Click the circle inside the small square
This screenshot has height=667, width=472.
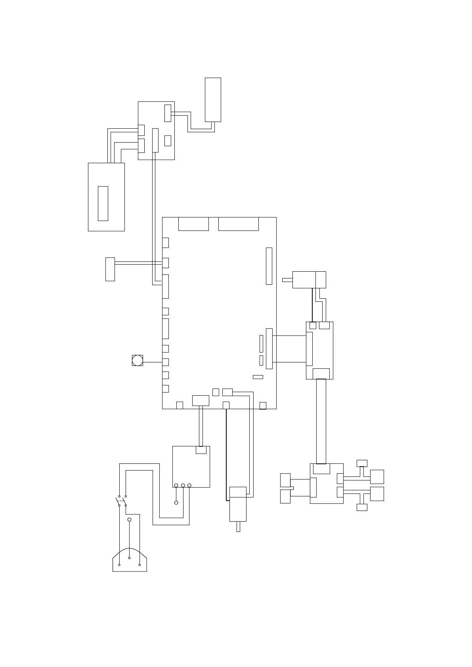click(x=138, y=360)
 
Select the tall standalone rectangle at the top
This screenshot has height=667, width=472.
click(x=213, y=99)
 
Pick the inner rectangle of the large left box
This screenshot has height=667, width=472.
click(x=103, y=203)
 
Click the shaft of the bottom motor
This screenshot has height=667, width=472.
click(x=238, y=526)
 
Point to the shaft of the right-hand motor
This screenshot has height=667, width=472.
click(x=287, y=280)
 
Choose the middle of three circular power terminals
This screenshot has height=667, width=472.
click(x=183, y=485)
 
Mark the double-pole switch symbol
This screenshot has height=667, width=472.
click(x=122, y=501)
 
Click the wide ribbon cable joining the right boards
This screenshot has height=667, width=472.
click(x=321, y=421)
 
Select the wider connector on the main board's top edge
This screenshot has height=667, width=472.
click(x=238, y=224)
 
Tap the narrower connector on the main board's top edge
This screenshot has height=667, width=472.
click(x=193, y=224)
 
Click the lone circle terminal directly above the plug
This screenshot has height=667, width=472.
click(x=129, y=519)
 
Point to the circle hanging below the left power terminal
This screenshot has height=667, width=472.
click(x=176, y=503)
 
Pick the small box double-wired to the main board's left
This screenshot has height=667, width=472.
click(x=110, y=269)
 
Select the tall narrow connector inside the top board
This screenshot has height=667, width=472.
click(x=155, y=140)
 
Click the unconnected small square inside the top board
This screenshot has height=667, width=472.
click(x=168, y=141)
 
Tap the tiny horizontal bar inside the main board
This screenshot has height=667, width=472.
click(x=258, y=377)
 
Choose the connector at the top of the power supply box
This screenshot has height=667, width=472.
click(x=201, y=450)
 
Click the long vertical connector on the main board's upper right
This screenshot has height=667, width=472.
click(x=269, y=266)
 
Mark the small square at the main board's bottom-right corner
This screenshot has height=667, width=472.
click(x=262, y=405)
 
